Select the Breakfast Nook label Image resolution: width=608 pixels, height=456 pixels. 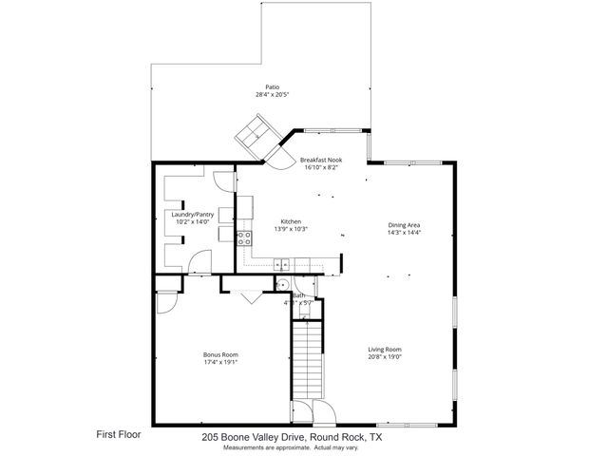[321, 161]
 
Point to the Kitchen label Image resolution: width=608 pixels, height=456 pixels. [290, 220]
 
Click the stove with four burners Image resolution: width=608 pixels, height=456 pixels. [243, 237]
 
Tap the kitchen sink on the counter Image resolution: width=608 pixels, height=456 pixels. [282, 263]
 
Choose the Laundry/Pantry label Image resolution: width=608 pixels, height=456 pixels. [193, 215]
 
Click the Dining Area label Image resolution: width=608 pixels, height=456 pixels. [404, 225]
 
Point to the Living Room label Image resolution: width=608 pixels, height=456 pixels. [386, 350]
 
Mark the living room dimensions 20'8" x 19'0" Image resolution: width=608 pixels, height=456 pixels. [386, 358]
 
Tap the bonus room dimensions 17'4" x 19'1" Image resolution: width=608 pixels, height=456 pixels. [220, 361]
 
